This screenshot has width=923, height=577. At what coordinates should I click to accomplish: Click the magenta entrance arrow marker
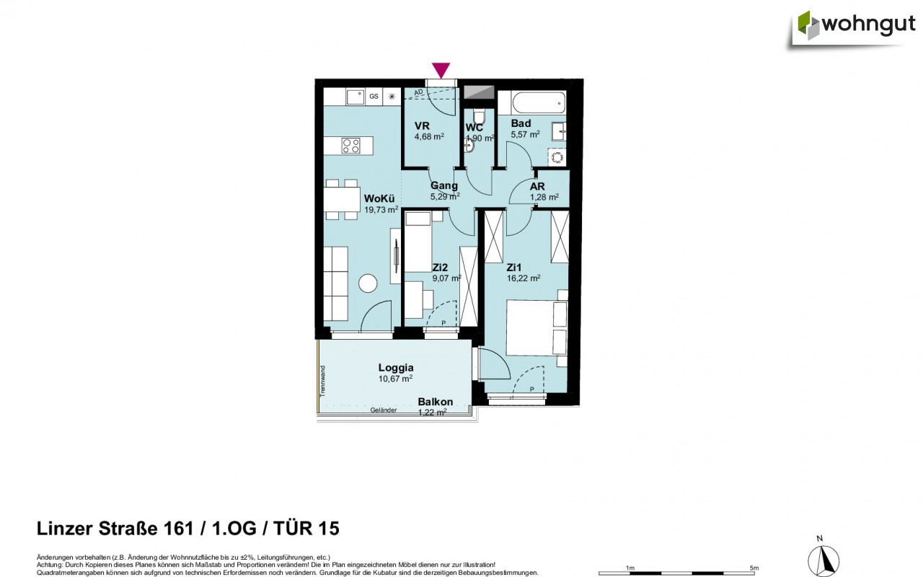click(441, 70)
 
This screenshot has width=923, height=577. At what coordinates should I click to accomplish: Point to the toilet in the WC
click(479, 116)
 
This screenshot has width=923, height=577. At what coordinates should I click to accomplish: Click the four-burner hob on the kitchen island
click(351, 146)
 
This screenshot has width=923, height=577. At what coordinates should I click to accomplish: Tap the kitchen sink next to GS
click(354, 96)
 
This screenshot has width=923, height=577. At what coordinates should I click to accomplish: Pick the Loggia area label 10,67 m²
click(395, 378)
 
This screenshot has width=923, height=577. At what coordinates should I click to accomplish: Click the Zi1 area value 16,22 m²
click(524, 277)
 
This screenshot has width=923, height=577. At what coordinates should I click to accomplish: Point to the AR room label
click(537, 186)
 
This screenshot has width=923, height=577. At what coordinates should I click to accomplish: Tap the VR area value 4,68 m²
click(428, 136)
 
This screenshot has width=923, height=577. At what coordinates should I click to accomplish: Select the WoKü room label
click(380, 198)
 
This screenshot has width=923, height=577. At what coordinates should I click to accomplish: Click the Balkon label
click(435, 402)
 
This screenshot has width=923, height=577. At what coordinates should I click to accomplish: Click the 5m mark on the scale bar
click(754, 568)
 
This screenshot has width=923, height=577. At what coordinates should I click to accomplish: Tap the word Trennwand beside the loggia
click(324, 381)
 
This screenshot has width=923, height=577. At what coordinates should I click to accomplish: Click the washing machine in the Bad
click(558, 157)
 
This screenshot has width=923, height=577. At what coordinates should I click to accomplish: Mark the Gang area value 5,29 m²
click(445, 195)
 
